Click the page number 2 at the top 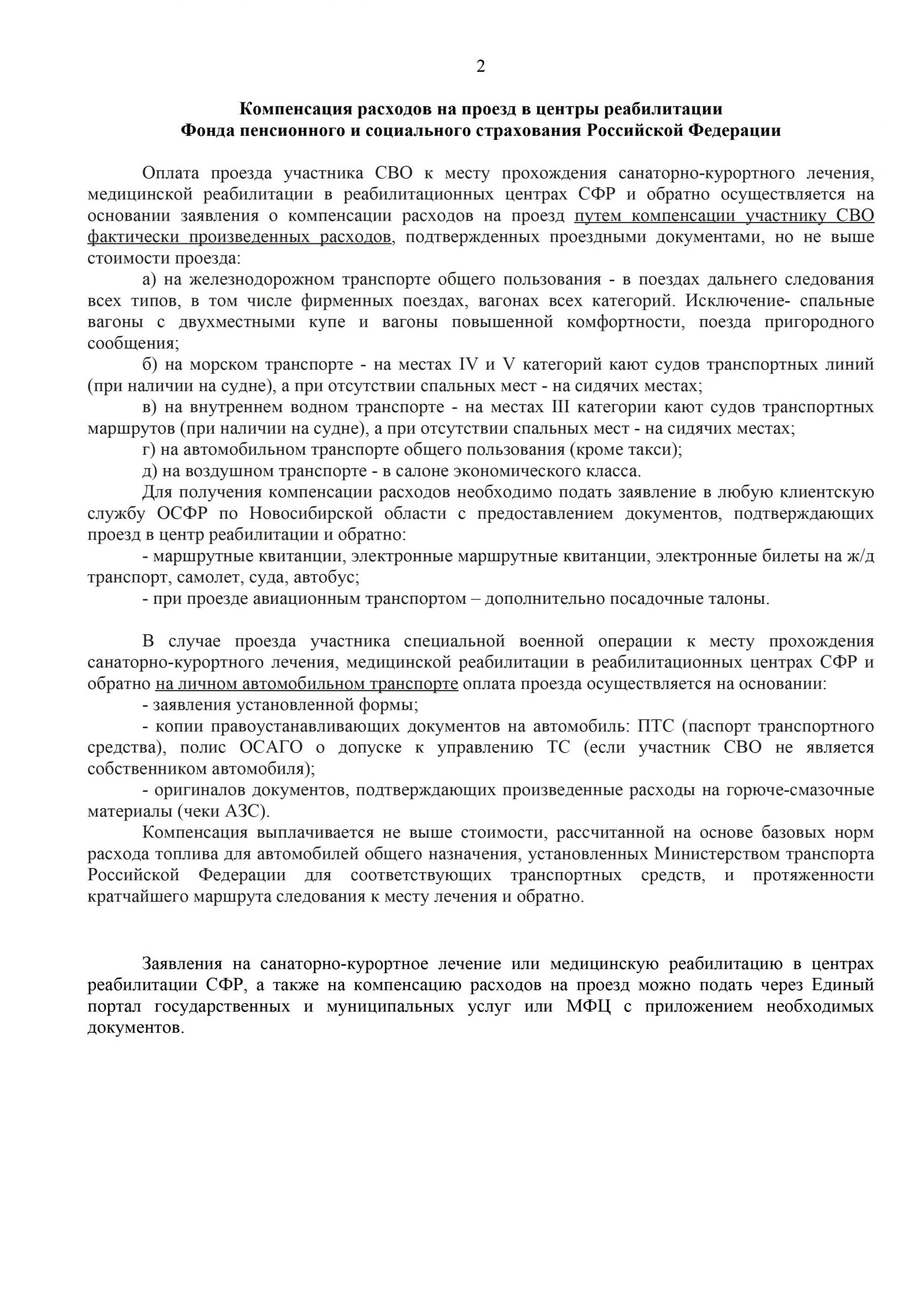[480, 67]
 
